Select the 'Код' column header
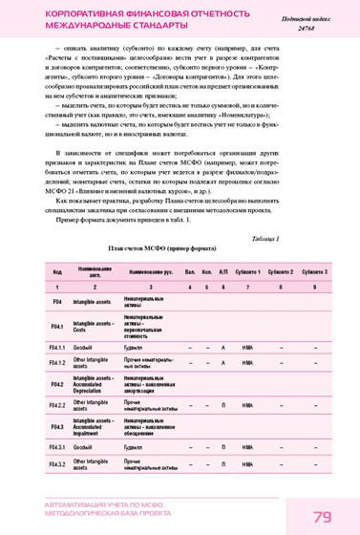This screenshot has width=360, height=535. click(57, 271)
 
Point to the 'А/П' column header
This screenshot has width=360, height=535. click(222, 271)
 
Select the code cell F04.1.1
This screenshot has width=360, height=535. click(57, 347)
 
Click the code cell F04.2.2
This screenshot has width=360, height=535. click(57, 405)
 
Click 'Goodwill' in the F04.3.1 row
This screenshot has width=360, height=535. click(87, 447)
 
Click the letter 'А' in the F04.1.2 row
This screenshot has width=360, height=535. click(222, 363)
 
